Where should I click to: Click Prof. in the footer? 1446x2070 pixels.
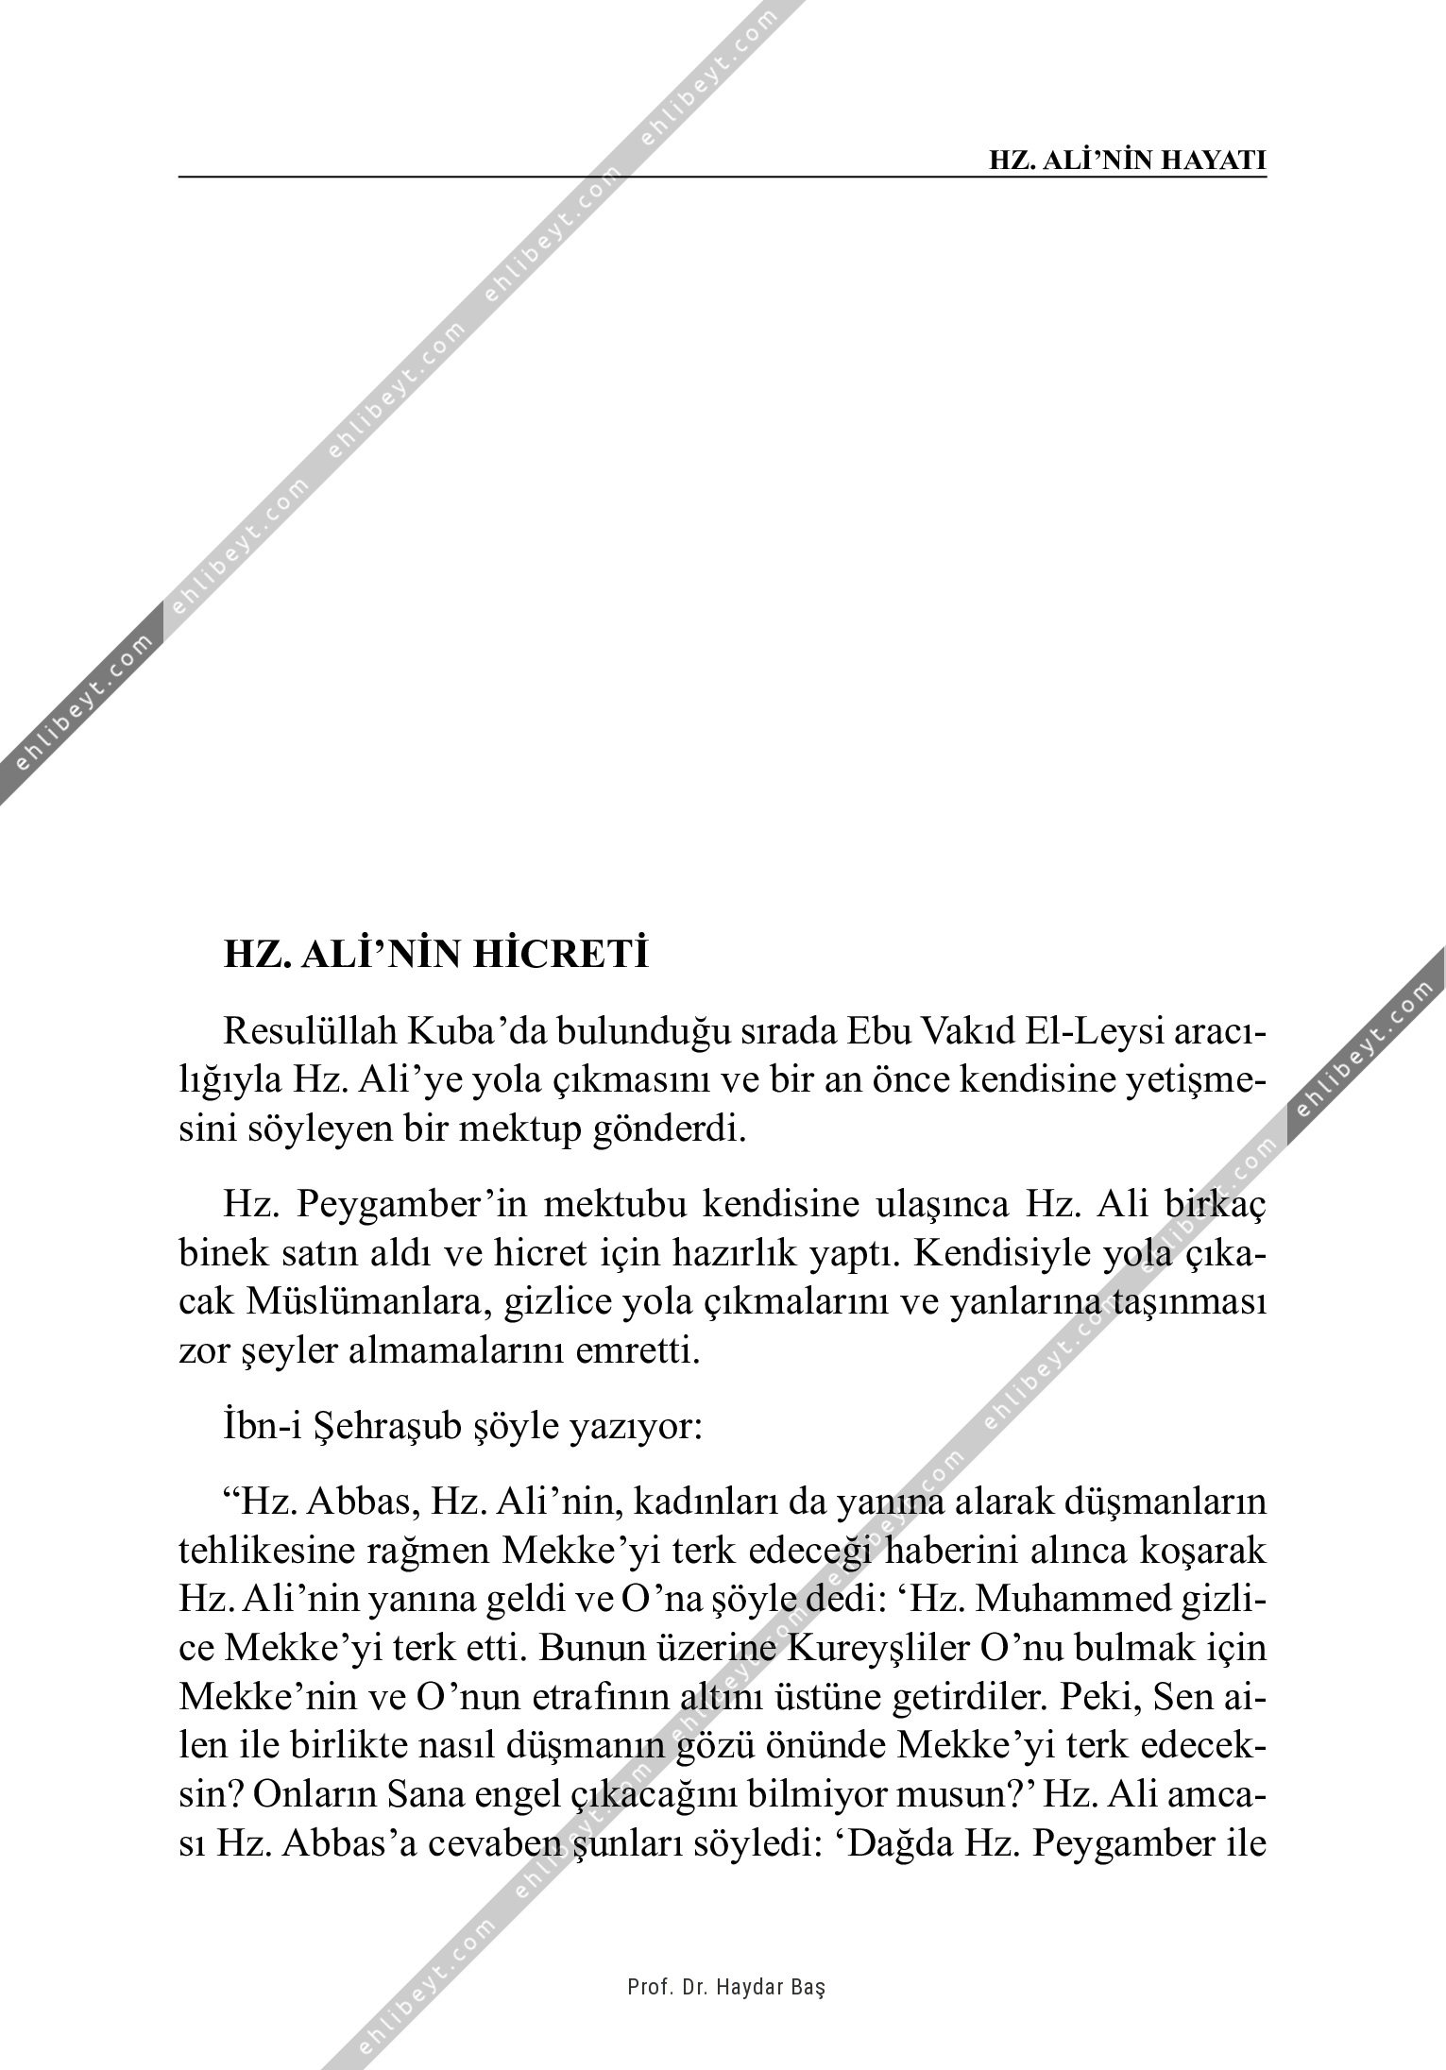coord(647,1987)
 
